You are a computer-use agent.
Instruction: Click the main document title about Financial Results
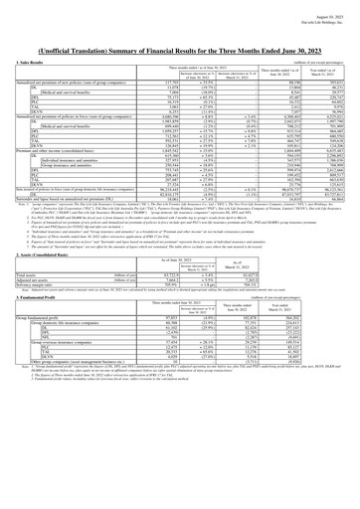(x=180, y=36)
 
